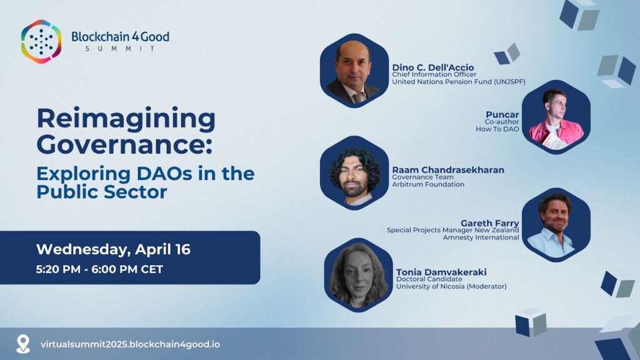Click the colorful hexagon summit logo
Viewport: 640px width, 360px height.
coord(41,42)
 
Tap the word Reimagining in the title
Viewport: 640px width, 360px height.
coord(126,119)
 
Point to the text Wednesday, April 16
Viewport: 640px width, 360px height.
coord(113,249)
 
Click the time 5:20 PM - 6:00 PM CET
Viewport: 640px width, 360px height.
coord(99,269)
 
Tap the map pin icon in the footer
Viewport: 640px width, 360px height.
coord(23,344)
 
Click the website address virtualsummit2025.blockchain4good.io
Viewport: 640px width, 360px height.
coord(130,344)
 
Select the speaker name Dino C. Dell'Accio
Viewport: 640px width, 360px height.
coord(433,67)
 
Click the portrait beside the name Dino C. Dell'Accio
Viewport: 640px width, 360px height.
coord(354,71)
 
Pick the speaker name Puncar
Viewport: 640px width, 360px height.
coord(502,115)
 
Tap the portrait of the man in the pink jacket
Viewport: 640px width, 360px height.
coord(556,117)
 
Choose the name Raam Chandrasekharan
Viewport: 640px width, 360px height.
coord(448,170)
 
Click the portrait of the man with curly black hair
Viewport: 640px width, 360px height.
coord(354,173)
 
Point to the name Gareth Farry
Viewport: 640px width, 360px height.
coord(490,223)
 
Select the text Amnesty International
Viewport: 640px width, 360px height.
coord(481,237)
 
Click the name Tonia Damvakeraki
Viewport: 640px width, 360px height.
coord(441,272)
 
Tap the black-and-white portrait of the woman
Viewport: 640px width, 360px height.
coord(358,275)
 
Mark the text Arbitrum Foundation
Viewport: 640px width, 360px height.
coord(428,184)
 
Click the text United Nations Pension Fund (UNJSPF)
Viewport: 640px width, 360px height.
coord(459,82)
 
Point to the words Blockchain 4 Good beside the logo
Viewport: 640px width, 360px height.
coord(121,37)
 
